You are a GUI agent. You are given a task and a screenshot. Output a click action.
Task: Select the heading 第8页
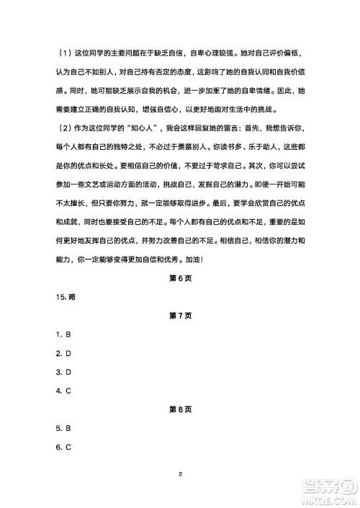[179, 409]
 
